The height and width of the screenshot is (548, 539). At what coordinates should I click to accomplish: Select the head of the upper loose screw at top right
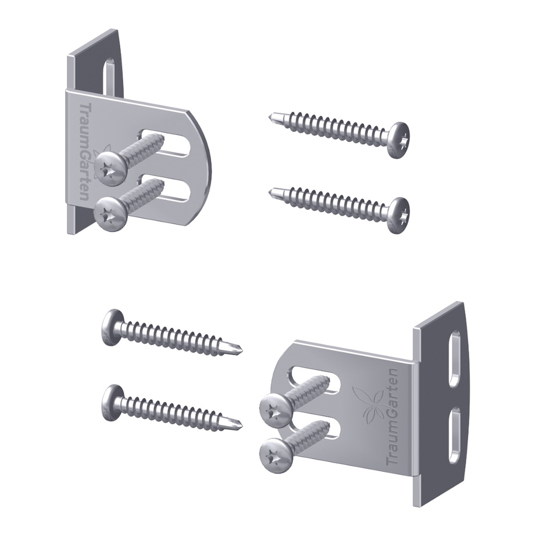[x=399, y=141]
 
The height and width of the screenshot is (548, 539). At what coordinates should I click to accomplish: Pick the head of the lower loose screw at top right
[x=399, y=215]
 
